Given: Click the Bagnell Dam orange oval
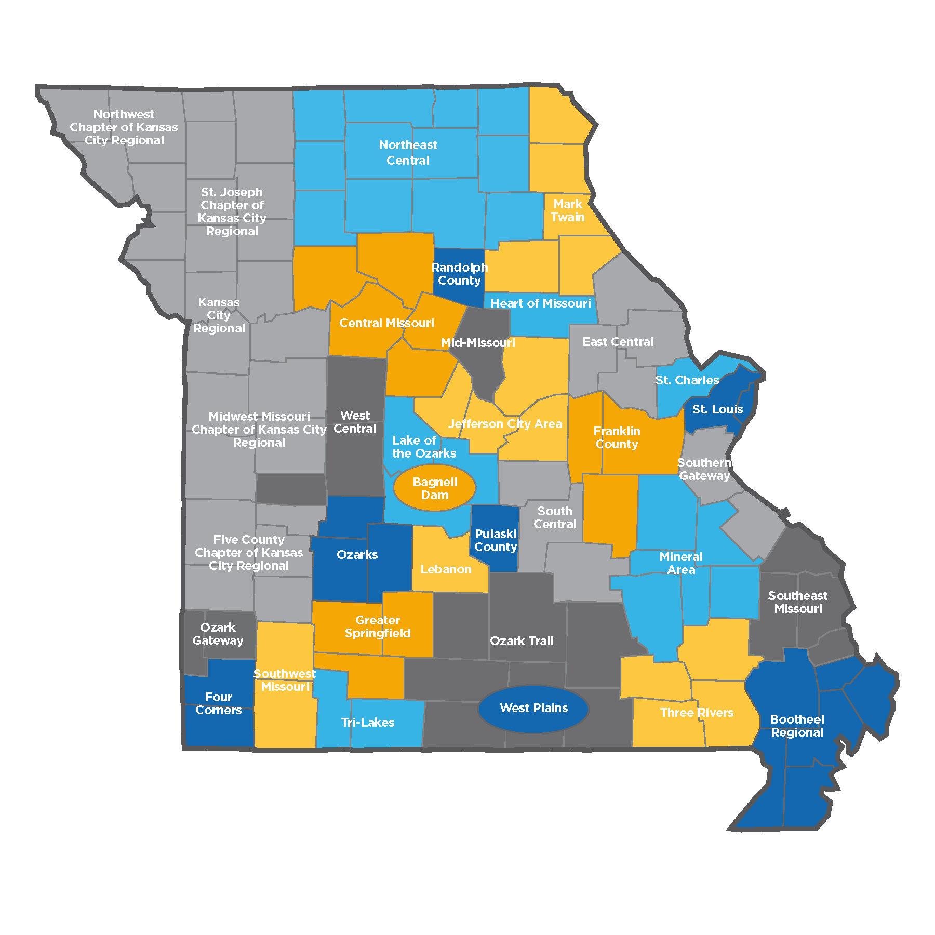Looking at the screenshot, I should (435, 488).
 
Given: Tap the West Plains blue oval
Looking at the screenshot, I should (533, 708).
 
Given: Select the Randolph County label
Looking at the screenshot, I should (459, 274).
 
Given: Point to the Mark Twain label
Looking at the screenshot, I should (568, 210).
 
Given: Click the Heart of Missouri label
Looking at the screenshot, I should (541, 303).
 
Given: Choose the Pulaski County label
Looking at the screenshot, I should (496, 540).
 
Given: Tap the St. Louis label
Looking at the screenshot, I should (717, 409).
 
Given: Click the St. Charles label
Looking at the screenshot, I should (687, 380).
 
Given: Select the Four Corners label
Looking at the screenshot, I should (219, 703).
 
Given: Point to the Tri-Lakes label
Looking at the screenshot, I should (368, 723).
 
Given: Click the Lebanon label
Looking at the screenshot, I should (446, 569).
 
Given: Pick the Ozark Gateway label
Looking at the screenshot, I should (218, 634).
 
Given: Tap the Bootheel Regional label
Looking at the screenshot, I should (797, 726).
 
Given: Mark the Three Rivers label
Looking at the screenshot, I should (697, 713).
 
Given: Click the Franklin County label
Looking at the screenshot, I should (617, 437).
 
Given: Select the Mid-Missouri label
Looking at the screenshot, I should (478, 343).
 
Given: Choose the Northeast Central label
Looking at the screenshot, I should (408, 153).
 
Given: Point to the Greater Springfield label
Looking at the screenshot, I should (378, 626).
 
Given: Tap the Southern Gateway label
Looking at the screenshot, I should (704, 469).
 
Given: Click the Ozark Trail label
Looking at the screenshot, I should (522, 641).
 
